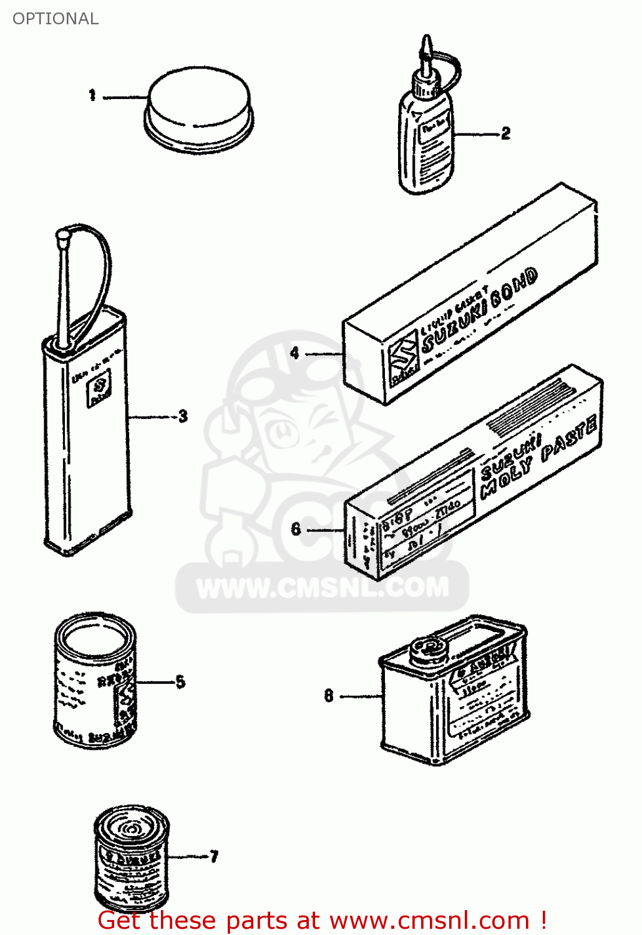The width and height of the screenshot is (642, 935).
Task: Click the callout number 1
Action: pyautogui.click(x=92, y=95)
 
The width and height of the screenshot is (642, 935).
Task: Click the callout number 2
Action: pyautogui.click(x=505, y=133)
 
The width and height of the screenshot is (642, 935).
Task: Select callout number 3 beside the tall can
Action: pyautogui.click(x=183, y=416)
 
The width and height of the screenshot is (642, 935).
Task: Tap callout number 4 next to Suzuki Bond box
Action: pyautogui.click(x=294, y=353)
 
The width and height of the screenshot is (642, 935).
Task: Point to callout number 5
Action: pyautogui.click(x=180, y=681)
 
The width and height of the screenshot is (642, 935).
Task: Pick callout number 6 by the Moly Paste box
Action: pyautogui.click(x=296, y=529)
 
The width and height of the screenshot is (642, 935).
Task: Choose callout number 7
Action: pyautogui.click(x=214, y=856)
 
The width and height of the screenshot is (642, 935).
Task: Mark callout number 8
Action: pyautogui.click(x=329, y=695)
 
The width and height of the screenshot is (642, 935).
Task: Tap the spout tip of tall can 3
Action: pyautogui.click(x=62, y=237)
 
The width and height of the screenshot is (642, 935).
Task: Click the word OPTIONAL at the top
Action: pyautogui.click(x=56, y=19)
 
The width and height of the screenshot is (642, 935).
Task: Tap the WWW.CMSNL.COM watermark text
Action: pyautogui.click(x=322, y=587)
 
